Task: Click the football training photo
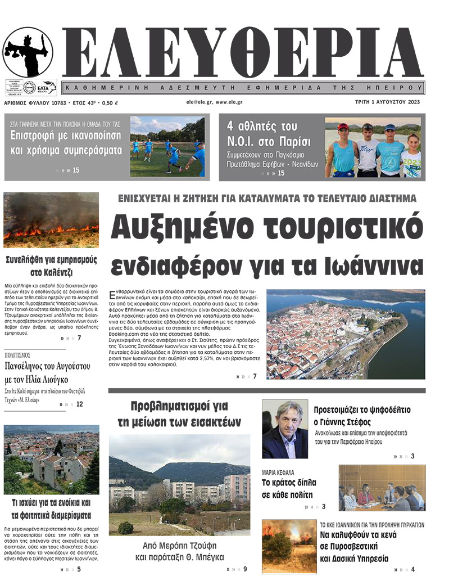tap(167, 147)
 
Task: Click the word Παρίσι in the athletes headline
tap(290, 141)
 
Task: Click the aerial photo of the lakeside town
tap(345, 334)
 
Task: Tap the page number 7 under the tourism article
tap(255, 376)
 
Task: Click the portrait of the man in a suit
tap(285, 429)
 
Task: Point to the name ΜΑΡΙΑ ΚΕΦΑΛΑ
tap(278, 472)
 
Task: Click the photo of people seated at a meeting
tap(382, 488)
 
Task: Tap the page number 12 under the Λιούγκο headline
tap(79, 404)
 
